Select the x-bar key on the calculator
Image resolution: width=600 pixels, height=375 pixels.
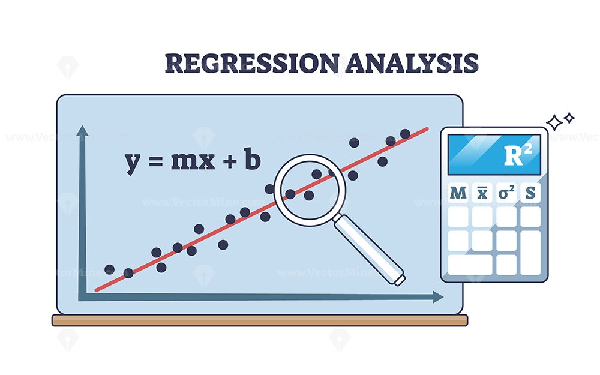[481, 193]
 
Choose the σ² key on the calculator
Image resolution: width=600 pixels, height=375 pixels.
[506, 193]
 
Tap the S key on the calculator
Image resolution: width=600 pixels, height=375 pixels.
[530, 193]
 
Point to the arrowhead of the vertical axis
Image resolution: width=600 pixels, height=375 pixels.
[82, 131]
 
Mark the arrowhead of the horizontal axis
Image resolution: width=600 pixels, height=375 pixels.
[438, 297]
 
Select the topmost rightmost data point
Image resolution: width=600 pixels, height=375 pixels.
[405, 133]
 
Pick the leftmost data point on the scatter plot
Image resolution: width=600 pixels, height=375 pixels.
[109, 269]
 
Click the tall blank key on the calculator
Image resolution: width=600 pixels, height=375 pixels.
[530, 252]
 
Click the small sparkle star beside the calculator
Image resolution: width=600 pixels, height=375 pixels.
[569, 118]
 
